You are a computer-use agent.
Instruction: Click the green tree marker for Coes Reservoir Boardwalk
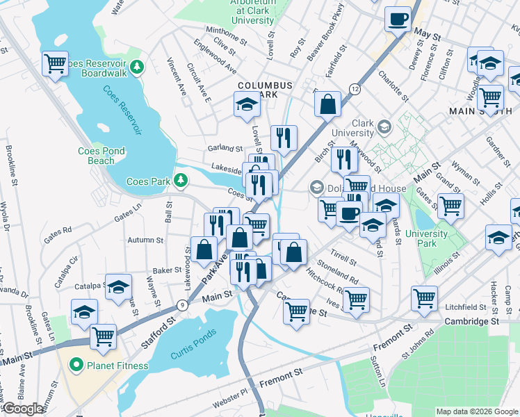coord(138,67)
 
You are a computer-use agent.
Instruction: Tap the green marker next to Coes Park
coord(181,181)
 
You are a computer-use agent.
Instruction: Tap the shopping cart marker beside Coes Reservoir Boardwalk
coord(55,64)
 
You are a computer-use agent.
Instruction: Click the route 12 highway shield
coord(355,89)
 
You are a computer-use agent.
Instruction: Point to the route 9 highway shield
coord(181,304)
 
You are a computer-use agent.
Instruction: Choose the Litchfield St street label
coord(466,306)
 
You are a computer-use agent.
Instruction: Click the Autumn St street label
coord(145,240)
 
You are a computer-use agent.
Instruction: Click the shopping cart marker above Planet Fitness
coord(103,336)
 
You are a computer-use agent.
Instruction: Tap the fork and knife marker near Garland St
coord(284,138)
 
